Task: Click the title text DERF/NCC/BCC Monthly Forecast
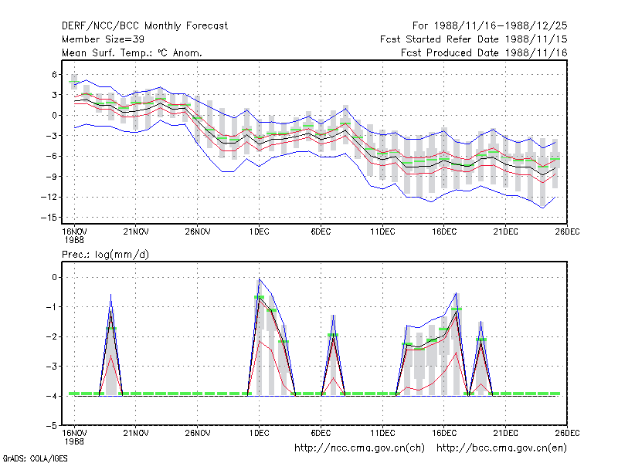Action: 144,26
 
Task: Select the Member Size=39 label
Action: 103,39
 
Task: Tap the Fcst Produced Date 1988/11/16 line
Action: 484,52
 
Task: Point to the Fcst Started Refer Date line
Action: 474,39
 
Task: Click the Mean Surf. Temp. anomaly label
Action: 132,52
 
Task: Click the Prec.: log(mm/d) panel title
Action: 105,255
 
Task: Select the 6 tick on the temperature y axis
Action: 55,74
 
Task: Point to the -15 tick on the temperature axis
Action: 49,218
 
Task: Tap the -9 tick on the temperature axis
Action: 51,177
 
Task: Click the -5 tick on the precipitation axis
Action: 52,426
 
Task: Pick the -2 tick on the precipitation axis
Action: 52,336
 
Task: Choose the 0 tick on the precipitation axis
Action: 54,277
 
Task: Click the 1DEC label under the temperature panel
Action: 259,232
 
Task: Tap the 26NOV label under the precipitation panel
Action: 198,433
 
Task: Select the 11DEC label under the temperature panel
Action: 382,232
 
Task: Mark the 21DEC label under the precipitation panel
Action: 506,433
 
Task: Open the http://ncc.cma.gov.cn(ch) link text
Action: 359,448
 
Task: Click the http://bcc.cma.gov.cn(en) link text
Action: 501,448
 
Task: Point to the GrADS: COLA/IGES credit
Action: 35,458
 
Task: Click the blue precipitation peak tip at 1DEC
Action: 259,279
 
